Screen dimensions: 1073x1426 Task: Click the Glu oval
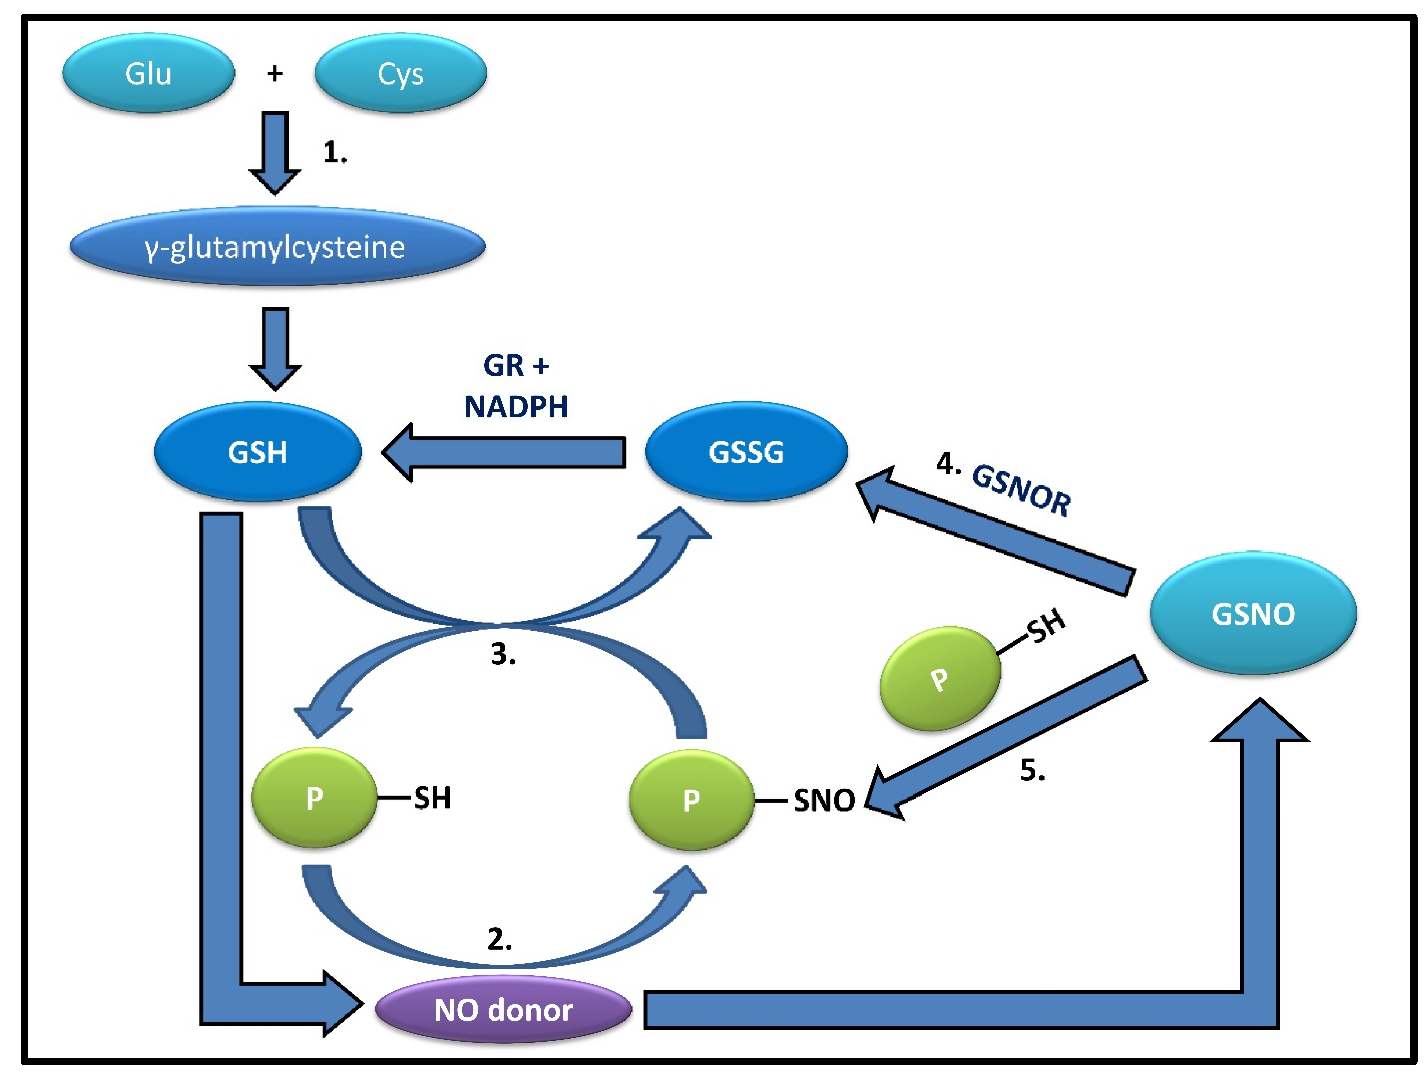(148, 73)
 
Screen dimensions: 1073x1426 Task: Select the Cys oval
(400, 73)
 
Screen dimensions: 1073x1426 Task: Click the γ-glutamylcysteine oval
(277, 246)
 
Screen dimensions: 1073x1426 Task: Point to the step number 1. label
(334, 153)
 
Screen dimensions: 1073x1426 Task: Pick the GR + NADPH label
(516, 387)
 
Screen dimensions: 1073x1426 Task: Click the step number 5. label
(1032, 771)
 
